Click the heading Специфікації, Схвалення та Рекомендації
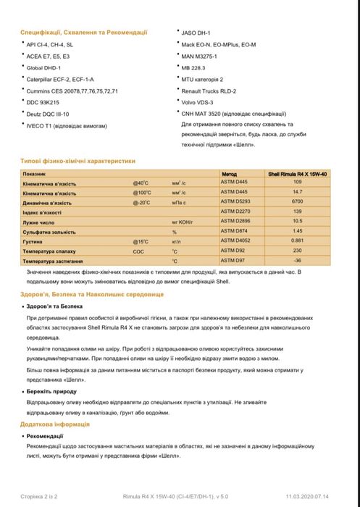coord(84,32)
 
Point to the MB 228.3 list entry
coord(194,67)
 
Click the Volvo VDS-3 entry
coord(198,102)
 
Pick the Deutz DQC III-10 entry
coord(48,114)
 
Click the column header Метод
coord(230,175)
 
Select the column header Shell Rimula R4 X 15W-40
coord(297,175)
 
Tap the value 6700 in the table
coord(297,201)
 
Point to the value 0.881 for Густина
coord(297,239)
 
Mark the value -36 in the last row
coord(297,259)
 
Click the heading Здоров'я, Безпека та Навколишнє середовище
coord(92,295)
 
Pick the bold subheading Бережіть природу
coord(51,390)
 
